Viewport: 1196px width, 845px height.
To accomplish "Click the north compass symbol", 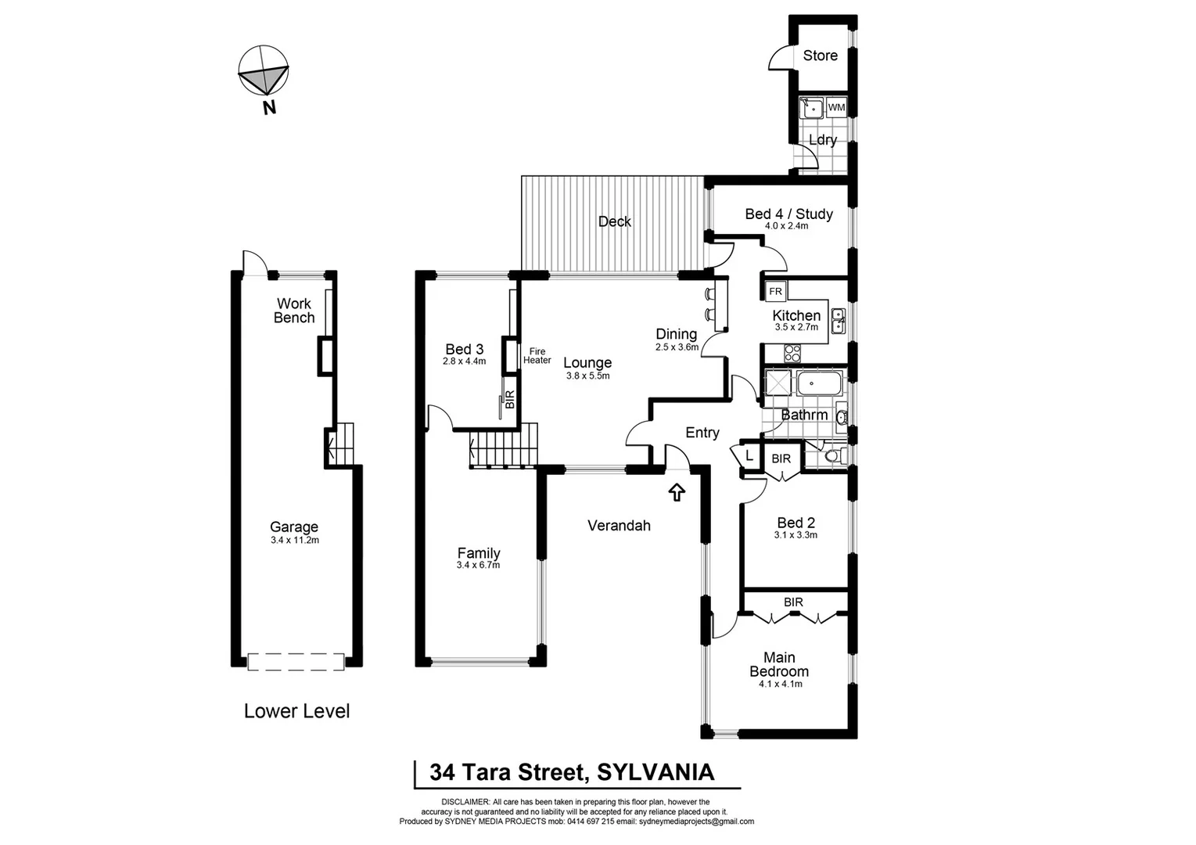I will (264, 72).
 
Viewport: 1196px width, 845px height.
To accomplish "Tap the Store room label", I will (820, 56).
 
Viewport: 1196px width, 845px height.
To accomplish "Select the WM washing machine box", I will (836, 107).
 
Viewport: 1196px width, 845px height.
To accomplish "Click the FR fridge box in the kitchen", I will (775, 291).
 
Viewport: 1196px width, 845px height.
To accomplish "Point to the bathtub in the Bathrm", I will (818, 384).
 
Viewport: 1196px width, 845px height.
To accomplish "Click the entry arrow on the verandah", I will (677, 492).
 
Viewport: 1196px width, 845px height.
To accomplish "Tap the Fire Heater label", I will (537, 356).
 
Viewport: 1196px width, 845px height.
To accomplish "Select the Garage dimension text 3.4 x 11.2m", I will (294, 540).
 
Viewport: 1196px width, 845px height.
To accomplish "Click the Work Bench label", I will (294, 311).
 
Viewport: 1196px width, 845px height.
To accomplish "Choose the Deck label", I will (614, 221).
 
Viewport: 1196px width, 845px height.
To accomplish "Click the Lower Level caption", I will (296, 711).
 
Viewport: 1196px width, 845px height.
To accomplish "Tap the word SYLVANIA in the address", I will (655, 772).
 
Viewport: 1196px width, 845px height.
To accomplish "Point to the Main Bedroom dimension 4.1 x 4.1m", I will (780, 684).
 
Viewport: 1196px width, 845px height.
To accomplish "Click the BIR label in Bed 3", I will (510, 400).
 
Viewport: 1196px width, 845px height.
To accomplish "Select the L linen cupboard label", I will (749, 455).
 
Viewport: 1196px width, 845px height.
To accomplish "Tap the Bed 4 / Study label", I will (788, 214).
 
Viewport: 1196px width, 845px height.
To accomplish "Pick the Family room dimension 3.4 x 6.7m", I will (478, 565).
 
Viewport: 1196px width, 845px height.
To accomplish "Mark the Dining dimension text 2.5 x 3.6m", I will (677, 347).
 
